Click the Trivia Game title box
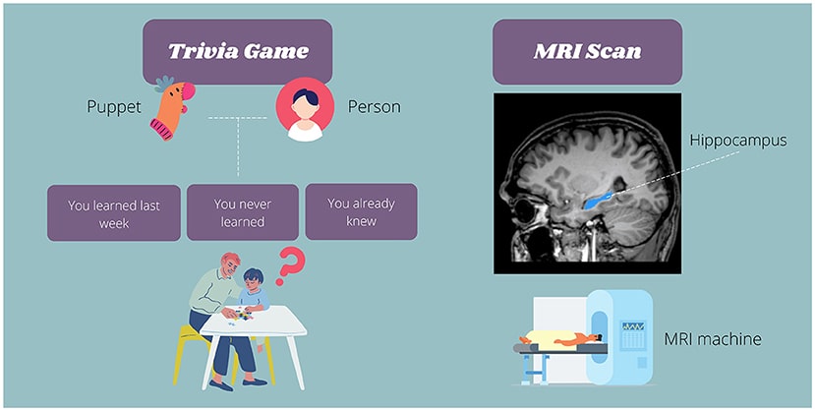[x=238, y=51]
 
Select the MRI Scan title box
[x=587, y=51]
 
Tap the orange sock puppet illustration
[x=173, y=109]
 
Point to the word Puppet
[x=114, y=107]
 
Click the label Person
[x=375, y=107]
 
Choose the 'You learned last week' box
[x=114, y=212]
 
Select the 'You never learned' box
[x=243, y=212]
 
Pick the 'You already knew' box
[x=361, y=211]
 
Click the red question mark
[x=289, y=266]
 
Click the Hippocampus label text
[x=738, y=141]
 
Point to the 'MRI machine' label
[x=713, y=339]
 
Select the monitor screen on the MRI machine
[x=633, y=326]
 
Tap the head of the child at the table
[x=253, y=279]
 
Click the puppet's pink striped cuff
[x=161, y=130]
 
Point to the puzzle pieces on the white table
[x=241, y=315]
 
